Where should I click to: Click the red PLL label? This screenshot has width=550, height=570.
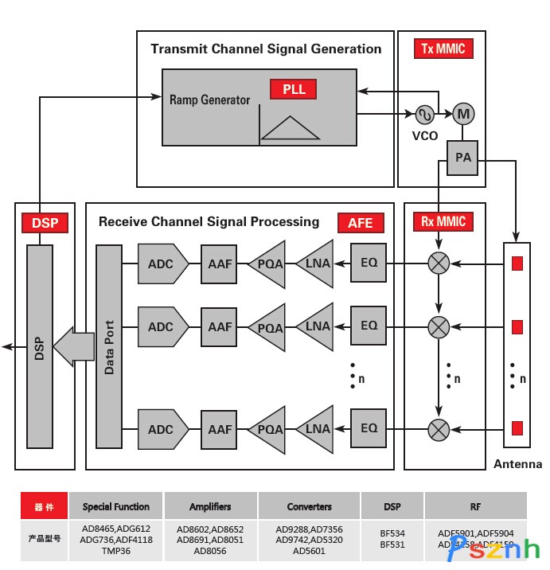[293, 89]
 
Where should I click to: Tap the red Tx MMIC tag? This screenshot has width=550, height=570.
[443, 49]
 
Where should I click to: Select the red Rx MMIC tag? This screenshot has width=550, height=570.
[442, 221]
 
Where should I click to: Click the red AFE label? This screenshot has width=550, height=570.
[360, 223]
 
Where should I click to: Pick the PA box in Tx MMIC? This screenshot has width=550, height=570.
[463, 158]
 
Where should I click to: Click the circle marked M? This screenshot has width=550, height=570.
[463, 115]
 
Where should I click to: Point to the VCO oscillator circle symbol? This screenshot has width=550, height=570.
[425, 115]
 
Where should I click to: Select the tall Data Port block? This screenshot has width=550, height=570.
[108, 346]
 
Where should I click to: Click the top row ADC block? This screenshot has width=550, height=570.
[162, 263]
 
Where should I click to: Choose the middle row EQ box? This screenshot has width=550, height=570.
[369, 326]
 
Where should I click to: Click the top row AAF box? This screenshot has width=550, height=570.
[219, 263]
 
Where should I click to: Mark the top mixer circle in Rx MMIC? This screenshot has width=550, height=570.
[439, 263]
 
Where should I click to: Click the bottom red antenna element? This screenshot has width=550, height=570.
[517, 429]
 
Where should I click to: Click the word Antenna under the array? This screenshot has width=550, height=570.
[517, 464]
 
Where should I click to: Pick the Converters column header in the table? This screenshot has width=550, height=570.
[309, 506]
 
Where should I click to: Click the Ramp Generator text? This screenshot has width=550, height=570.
[209, 100]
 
